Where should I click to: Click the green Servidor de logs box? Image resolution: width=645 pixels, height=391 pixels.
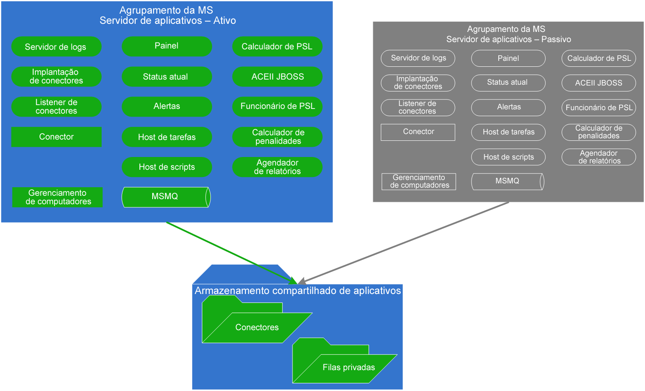pos(56,46)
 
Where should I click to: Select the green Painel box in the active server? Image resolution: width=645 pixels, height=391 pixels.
pos(167,46)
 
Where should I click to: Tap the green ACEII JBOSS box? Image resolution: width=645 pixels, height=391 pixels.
pos(277,77)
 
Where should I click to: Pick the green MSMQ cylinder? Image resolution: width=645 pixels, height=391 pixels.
pos(166,197)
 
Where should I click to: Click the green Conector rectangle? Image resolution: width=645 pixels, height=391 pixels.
pos(57,137)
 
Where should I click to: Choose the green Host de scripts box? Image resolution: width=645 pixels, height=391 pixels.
pos(167,167)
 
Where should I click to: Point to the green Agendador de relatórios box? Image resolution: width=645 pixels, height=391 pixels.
pos(277,167)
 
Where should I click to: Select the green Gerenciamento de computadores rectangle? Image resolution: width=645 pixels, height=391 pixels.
pos(58,197)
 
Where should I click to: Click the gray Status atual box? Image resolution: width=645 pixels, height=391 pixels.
pos(508,83)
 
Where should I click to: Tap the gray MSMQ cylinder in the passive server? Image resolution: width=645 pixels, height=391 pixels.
pos(507,181)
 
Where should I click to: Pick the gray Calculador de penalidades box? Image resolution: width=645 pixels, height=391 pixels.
pos(598,132)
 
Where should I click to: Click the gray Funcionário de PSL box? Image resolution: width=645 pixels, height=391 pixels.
pos(598,108)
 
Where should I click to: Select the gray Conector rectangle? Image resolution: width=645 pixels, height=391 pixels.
pos(418,132)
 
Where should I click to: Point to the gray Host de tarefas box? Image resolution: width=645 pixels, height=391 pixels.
pos(508,132)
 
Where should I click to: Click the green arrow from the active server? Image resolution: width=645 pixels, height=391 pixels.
pos(230,252)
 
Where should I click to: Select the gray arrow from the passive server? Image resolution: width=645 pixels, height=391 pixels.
pos(404,243)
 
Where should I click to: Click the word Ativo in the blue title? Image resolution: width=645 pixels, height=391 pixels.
pos(224,20)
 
